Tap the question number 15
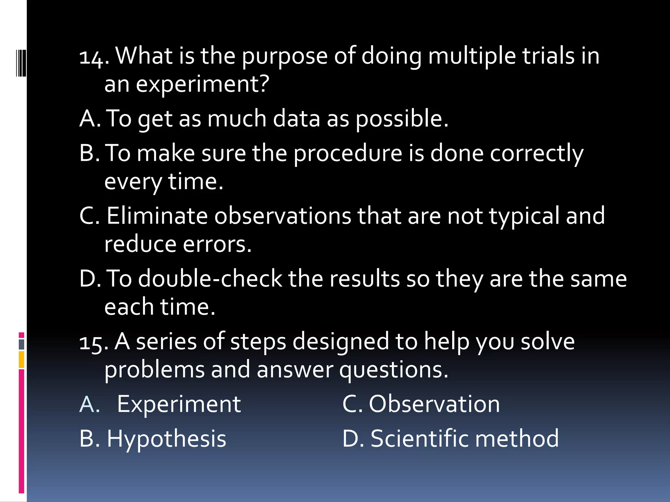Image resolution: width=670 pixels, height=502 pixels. pos(94,343)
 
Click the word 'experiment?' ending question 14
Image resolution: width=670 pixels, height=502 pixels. pos(203,85)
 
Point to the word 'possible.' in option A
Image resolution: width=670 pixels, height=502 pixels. pos(402,119)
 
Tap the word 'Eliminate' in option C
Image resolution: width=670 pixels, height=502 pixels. pos(157,216)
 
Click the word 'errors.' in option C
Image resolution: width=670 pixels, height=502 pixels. pos(217,244)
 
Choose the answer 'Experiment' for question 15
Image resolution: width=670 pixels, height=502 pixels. pos(179,404)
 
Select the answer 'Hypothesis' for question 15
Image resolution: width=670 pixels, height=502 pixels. pos(167,439)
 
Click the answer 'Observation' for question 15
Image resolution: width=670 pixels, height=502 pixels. pos(434,404)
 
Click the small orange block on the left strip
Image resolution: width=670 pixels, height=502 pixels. pos(22,360)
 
